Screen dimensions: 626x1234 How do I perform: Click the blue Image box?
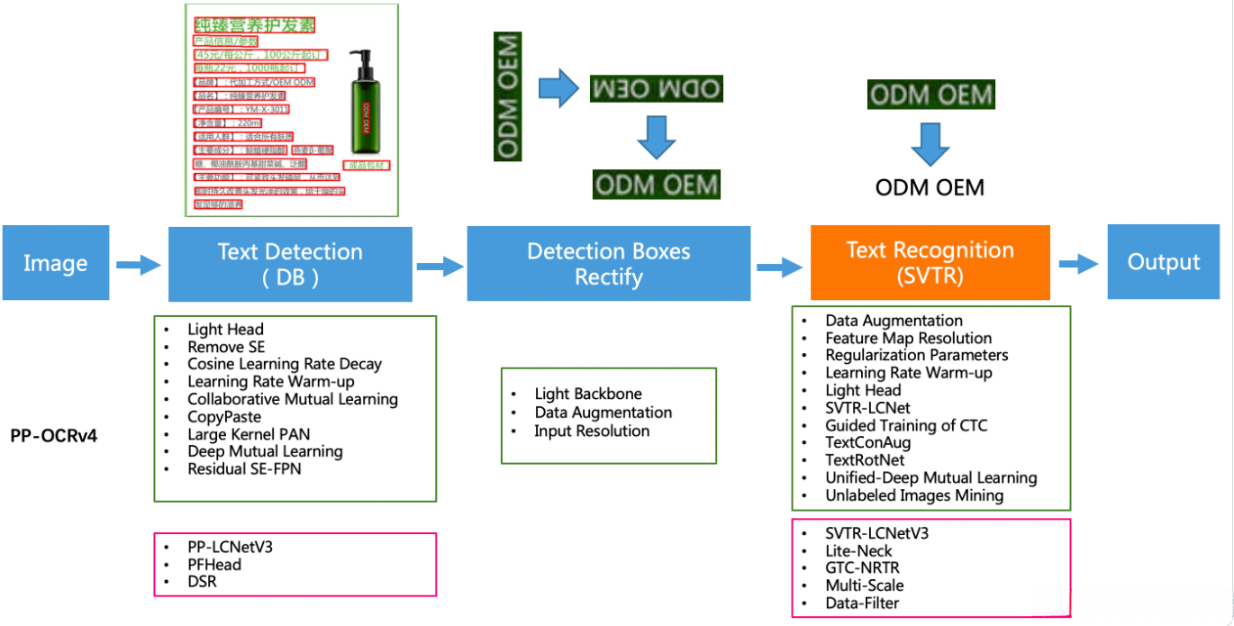click(56, 263)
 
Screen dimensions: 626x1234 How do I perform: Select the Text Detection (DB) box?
click(290, 264)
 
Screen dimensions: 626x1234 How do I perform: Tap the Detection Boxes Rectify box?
click(608, 263)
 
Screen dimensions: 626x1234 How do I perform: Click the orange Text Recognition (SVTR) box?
click(930, 262)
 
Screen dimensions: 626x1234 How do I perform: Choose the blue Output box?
click(1164, 262)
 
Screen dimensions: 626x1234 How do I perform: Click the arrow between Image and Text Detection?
click(139, 265)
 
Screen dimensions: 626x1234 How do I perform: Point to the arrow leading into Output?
click(1078, 264)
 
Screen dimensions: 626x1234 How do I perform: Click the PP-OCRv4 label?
click(60, 436)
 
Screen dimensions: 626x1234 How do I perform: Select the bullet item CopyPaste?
click(224, 417)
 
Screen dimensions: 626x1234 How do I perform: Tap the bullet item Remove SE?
click(226, 347)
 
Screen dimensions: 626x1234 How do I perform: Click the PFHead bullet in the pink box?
click(214, 565)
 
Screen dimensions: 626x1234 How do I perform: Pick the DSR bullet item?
click(202, 582)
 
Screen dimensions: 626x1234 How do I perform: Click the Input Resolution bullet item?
click(592, 431)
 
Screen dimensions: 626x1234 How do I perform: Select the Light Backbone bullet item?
click(588, 394)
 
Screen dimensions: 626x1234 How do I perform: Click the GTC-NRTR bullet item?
click(862, 567)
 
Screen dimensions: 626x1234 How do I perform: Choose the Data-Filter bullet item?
click(862, 603)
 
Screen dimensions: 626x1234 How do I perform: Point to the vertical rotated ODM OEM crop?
click(508, 96)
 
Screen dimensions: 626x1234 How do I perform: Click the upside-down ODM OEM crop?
click(657, 88)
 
